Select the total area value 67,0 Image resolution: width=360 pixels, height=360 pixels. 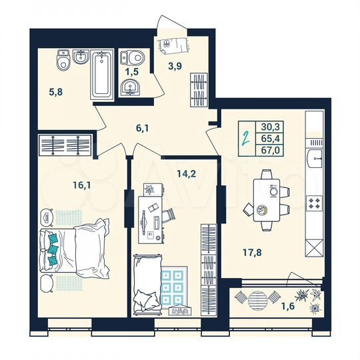tap(271, 151)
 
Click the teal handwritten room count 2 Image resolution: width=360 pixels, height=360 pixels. tap(246, 139)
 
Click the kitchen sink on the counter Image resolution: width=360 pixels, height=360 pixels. tap(315, 159)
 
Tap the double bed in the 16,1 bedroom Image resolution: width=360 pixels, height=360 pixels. tap(75, 251)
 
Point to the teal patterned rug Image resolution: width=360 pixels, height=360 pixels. tap(171, 287)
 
